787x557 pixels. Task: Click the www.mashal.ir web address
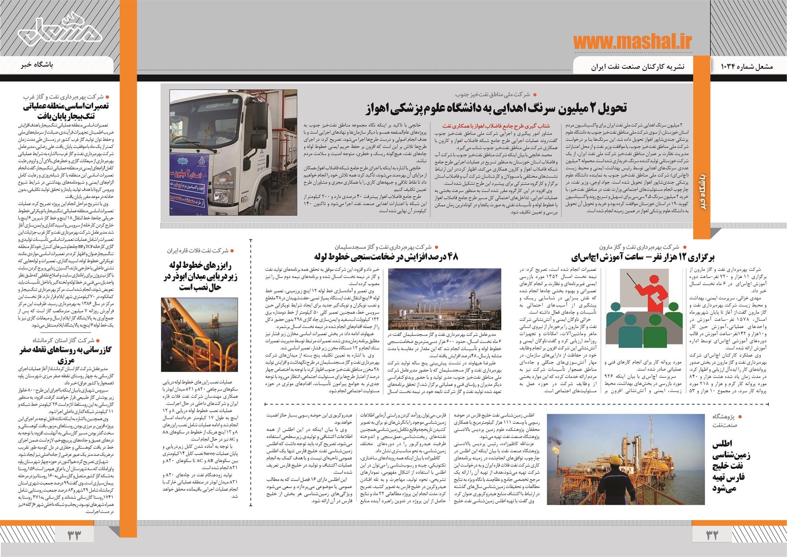click(x=632, y=43)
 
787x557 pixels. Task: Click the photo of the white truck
click(x=233, y=153)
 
